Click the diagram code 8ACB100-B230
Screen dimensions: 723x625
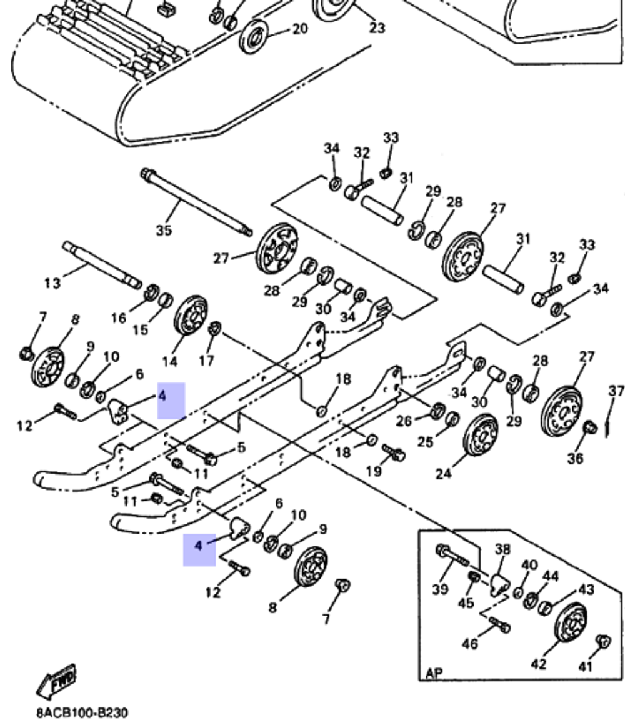(x=81, y=712)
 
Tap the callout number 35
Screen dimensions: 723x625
(x=164, y=231)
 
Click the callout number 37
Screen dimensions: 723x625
(x=616, y=391)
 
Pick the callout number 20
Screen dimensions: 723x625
(x=300, y=29)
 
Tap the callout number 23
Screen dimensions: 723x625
(x=377, y=27)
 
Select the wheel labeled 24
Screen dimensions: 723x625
(x=481, y=435)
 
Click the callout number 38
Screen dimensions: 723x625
(x=502, y=549)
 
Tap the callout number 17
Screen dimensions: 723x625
(x=206, y=360)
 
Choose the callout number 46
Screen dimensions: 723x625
(x=469, y=643)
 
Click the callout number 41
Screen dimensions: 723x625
(x=585, y=666)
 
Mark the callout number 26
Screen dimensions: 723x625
(x=404, y=421)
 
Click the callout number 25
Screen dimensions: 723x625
(x=425, y=442)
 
